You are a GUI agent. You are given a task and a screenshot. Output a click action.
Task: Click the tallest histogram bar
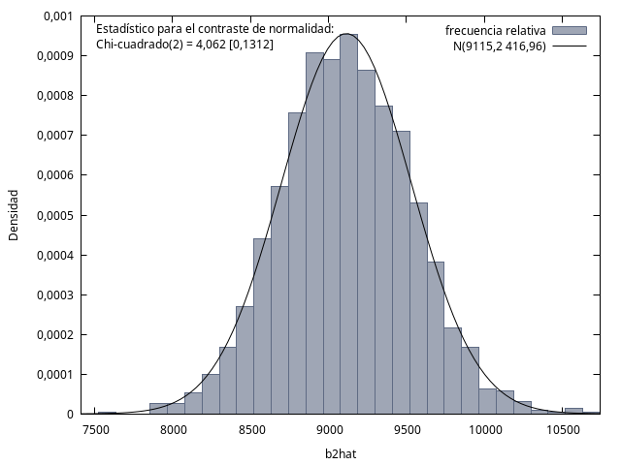tap(349, 224)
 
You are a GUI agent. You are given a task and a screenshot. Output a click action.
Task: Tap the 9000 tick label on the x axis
tap(329, 430)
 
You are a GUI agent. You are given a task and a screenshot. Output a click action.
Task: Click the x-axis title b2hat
tap(341, 454)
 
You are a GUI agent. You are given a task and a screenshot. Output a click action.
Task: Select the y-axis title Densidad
tap(14, 215)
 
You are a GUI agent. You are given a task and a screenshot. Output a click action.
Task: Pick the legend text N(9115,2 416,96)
tap(500, 46)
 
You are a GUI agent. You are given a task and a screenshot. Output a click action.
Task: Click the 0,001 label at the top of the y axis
tap(58, 16)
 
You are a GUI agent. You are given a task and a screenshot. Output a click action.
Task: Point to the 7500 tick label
tap(95, 430)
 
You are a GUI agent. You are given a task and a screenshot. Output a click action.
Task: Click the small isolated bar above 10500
tap(573, 411)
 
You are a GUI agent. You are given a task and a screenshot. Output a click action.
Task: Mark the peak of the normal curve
tap(346, 34)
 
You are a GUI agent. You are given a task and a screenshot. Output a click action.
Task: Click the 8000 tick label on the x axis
tap(174, 430)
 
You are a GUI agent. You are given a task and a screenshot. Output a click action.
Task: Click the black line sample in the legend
tap(570, 46)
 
